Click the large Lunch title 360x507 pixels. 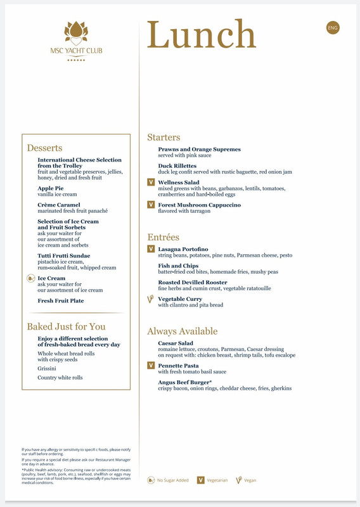coord(202,35)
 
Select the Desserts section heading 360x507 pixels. coord(44,148)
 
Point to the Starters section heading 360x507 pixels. coord(164,137)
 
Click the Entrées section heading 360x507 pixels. coord(163,237)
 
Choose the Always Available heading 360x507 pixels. coord(182,331)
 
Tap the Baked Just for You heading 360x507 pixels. coord(66,326)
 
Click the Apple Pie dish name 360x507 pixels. coord(51,188)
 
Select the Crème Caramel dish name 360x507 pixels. coord(59,205)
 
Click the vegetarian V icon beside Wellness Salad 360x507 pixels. coord(151,183)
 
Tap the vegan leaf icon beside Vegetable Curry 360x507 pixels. coord(151,298)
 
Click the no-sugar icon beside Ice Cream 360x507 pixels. coord(31,278)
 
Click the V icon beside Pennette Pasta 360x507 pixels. coord(151,366)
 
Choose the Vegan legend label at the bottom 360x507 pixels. coord(250,480)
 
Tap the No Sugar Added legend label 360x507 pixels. coord(173,480)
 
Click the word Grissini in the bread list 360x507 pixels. coord(47,368)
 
